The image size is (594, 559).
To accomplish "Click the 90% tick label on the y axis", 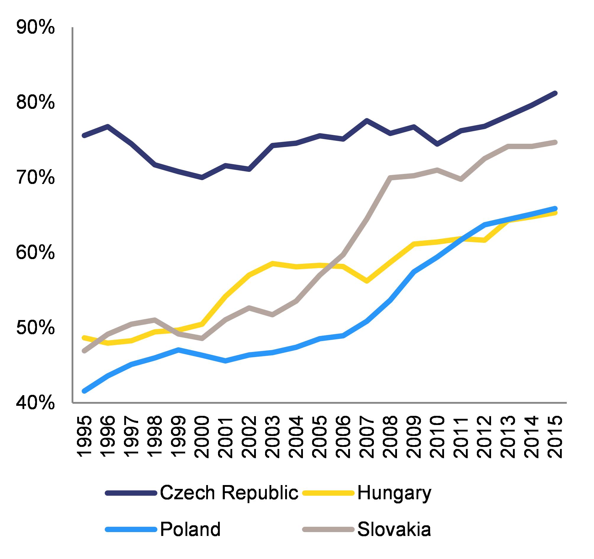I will (x=35, y=29).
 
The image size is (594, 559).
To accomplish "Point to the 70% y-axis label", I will (x=35, y=179).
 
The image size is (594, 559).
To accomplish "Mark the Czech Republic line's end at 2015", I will (x=555, y=93).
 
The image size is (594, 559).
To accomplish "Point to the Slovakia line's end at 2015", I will (x=555, y=142).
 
